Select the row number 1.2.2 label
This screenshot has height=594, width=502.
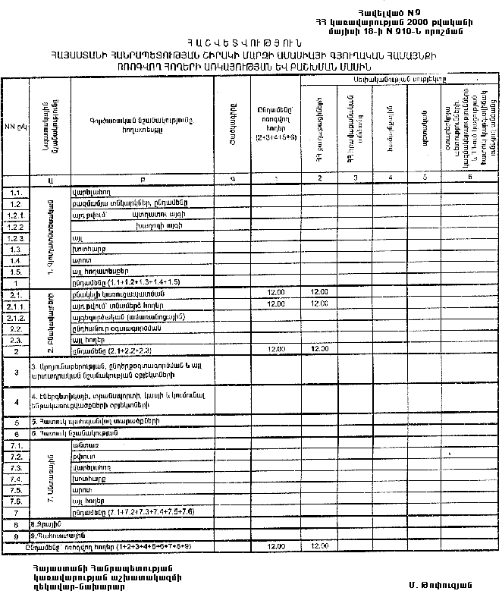(14, 226)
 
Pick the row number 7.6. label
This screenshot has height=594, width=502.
(14, 501)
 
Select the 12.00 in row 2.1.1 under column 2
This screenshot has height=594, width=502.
(320, 304)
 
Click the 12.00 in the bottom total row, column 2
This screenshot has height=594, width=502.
(320, 545)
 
